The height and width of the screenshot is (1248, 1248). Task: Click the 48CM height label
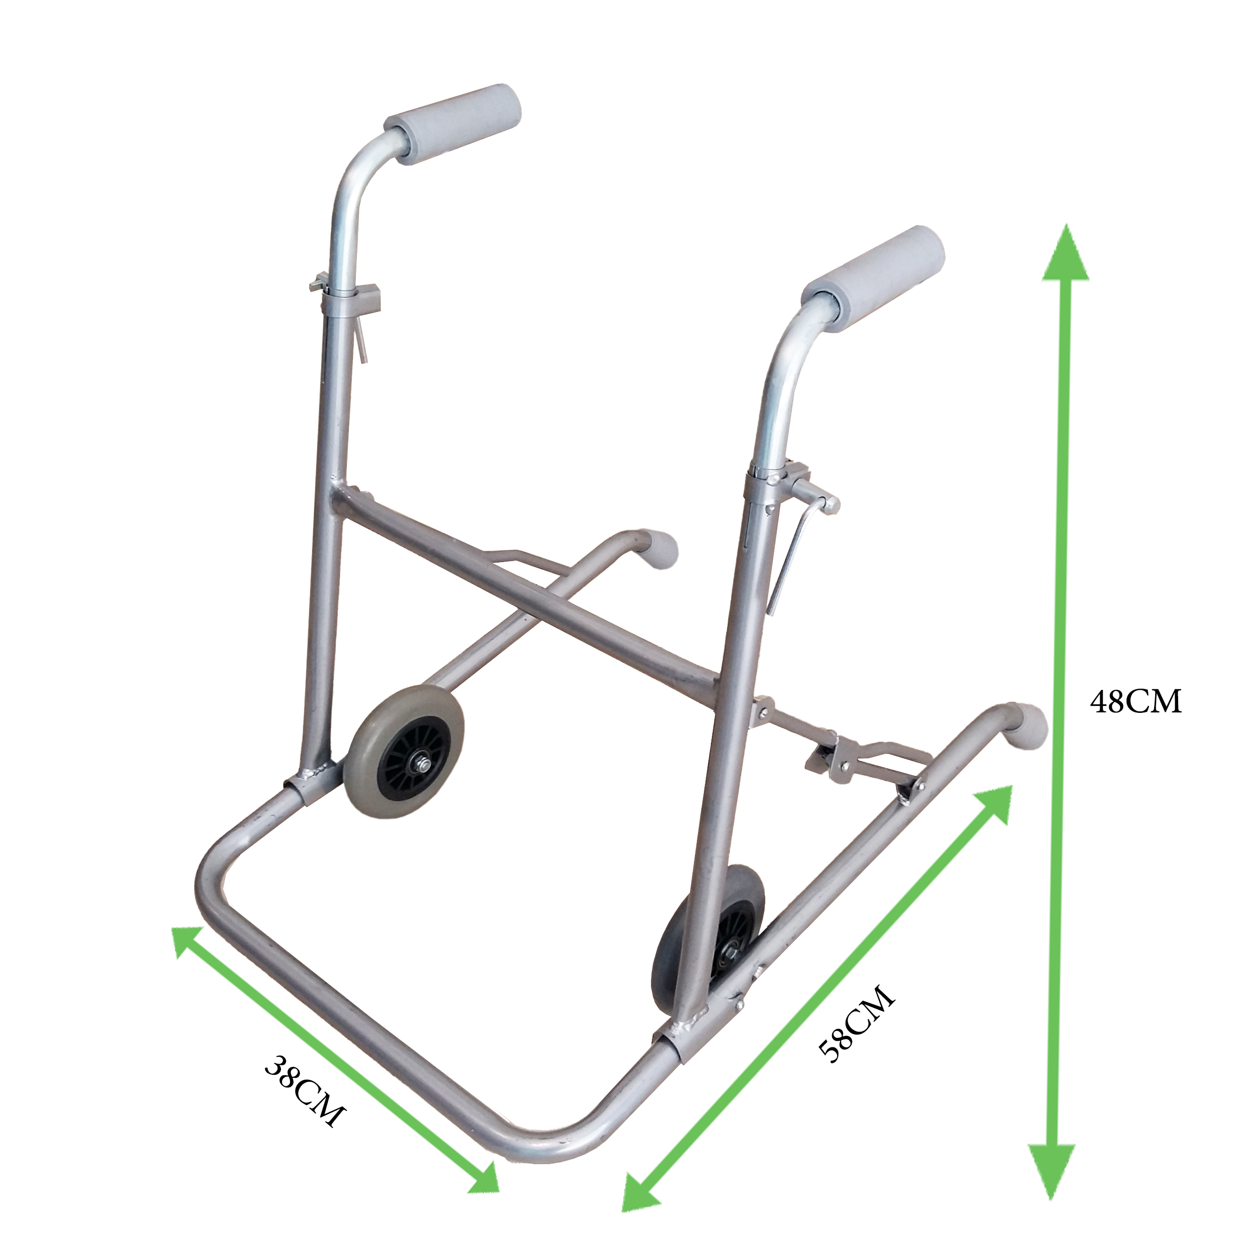click(1136, 701)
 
